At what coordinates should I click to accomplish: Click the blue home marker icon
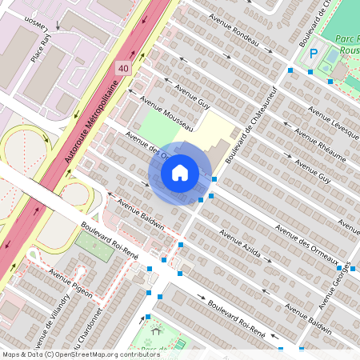pos(180,172)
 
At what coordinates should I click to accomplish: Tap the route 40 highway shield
pos(122,69)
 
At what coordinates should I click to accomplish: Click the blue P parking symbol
pos(314,54)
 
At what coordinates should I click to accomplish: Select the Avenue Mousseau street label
pos(167,114)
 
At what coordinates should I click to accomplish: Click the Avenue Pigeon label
pos(70,280)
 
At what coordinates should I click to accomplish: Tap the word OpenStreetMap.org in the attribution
pos(99,354)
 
